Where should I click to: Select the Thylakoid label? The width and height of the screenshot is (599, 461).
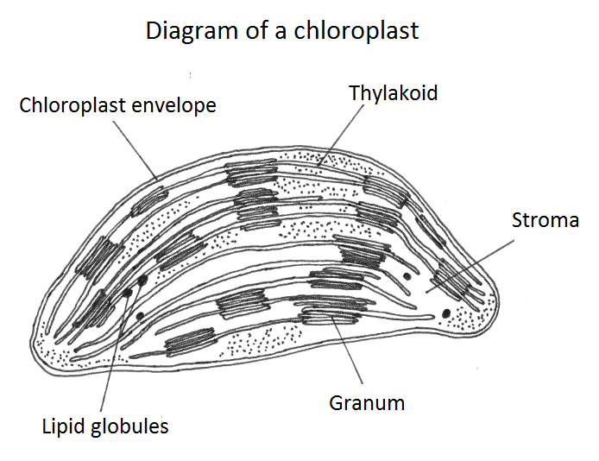coord(393,92)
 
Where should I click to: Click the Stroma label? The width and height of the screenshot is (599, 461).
coord(545,220)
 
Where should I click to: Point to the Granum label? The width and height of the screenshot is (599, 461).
coord(367,402)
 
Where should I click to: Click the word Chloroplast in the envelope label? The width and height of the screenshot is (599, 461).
coord(76,106)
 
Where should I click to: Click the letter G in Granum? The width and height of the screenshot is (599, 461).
coord(337,402)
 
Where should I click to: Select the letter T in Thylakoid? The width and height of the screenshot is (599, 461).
coord(354,92)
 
